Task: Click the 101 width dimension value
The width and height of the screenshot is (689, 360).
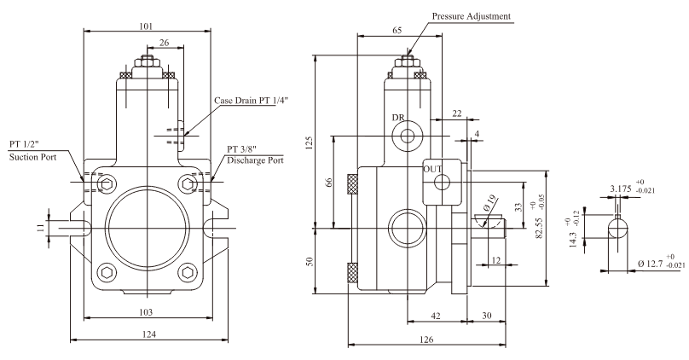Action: (x=147, y=26)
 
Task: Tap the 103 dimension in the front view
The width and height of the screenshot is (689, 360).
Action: (x=148, y=312)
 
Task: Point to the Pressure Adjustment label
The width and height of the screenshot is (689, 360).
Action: (x=471, y=16)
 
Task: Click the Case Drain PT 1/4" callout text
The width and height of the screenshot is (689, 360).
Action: (x=252, y=101)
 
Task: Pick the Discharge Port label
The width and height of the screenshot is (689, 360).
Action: (x=255, y=160)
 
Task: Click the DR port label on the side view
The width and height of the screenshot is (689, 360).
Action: (x=397, y=118)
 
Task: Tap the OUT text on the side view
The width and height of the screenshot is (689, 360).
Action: (x=433, y=169)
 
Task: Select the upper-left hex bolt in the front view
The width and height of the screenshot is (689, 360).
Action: (x=105, y=183)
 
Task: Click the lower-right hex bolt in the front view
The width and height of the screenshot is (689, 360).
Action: (x=188, y=272)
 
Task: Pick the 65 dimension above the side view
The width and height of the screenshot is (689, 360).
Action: (x=397, y=30)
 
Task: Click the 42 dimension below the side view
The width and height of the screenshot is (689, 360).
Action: (x=435, y=315)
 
